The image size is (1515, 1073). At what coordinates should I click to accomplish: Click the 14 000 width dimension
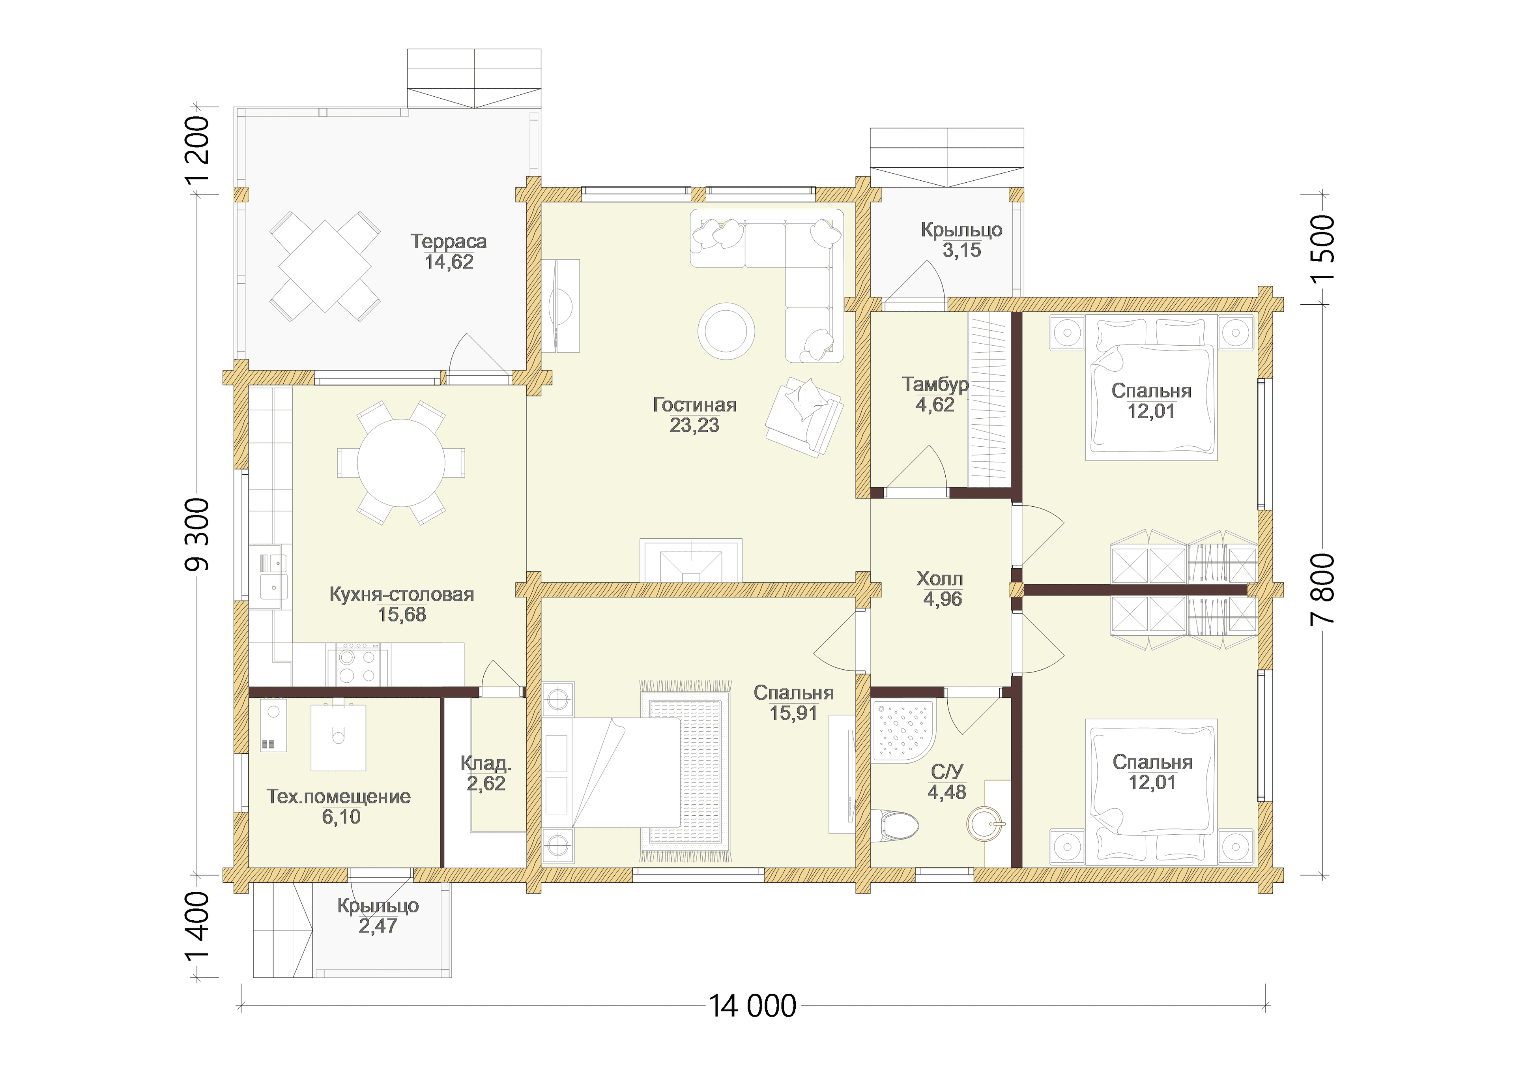tap(752, 1006)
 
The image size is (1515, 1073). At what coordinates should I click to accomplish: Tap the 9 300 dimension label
tap(197, 534)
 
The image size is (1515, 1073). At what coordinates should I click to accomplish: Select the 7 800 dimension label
tap(1323, 589)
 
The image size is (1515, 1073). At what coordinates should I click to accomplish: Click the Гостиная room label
tap(694, 404)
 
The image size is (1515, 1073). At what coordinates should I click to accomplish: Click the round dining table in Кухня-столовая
tap(401, 463)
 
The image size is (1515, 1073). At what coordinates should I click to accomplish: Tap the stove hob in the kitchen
tap(357, 664)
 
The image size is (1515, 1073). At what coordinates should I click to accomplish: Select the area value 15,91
tap(793, 713)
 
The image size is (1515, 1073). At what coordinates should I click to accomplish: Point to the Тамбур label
tap(935, 384)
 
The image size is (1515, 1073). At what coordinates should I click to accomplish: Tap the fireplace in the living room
tap(691, 560)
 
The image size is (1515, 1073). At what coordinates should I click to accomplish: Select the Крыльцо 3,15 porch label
tap(961, 240)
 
